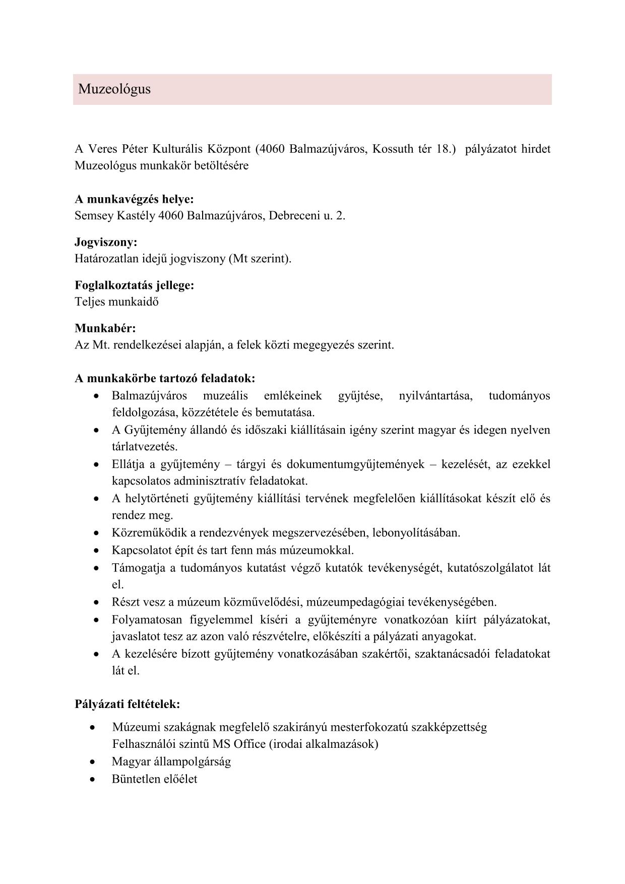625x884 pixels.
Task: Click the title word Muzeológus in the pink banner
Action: [x=114, y=89]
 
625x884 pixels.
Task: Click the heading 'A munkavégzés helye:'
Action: [x=134, y=199]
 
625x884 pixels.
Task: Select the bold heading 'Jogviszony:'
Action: [x=106, y=243]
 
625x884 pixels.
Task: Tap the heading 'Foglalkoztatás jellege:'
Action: [x=134, y=285]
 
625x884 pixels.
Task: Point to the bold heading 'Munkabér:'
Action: [x=105, y=328]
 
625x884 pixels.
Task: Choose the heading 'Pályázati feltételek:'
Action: [x=128, y=703]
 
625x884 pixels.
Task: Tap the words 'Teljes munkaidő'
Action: [x=116, y=302]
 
